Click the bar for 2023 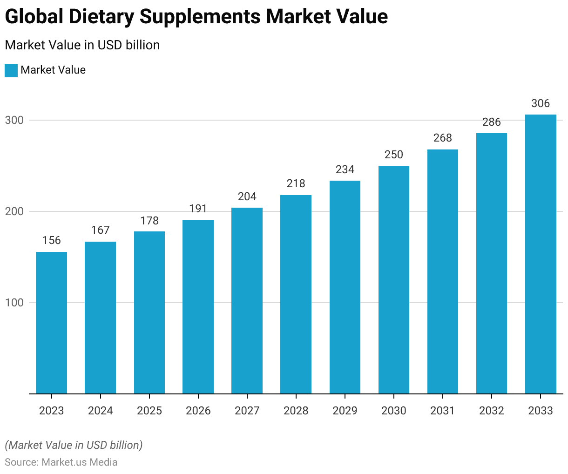coord(51,323)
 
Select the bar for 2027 coord(247,300)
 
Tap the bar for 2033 coord(541,254)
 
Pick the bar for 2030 coord(394,279)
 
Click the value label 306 coord(541,103)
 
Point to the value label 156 coord(51,240)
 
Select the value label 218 coord(296,183)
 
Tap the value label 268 coord(443,138)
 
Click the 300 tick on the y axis coord(14,120)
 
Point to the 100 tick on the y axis coord(14,303)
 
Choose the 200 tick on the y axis coord(14,211)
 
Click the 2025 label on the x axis coord(149,411)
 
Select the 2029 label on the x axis coord(345,411)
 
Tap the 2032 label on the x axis coord(492,411)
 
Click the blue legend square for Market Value coord(11,71)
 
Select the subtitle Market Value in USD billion coord(82,45)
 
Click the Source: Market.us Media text coord(61,462)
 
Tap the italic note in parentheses coord(74,445)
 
